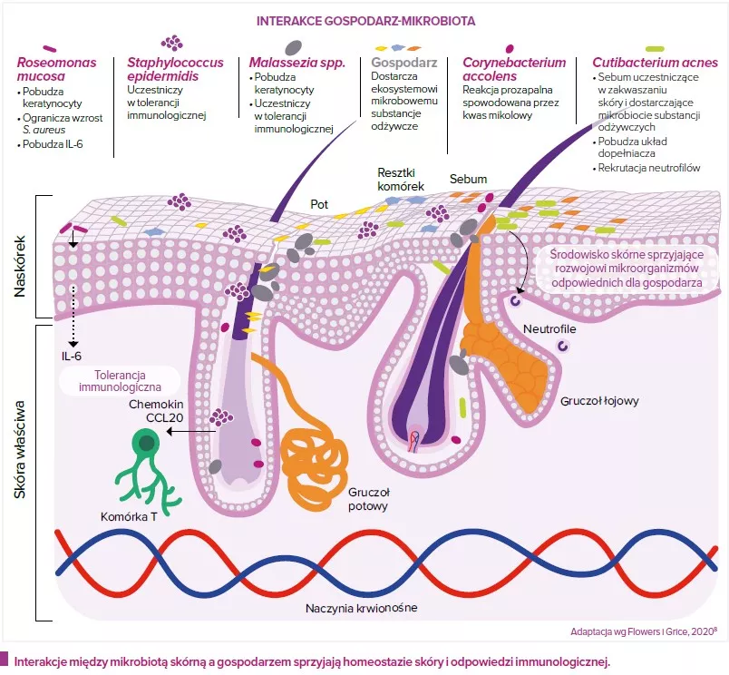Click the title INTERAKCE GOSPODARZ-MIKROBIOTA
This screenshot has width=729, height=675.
(x=365, y=19)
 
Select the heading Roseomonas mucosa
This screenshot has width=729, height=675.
(x=55, y=70)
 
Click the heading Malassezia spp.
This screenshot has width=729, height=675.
(x=291, y=63)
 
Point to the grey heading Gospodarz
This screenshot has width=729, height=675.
(x=404, y=63)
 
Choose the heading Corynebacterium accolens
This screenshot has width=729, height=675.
(x=514, y=70)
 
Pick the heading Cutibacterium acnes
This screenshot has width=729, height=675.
(x=655, y=63)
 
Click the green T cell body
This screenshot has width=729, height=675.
(x=144, y=443)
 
